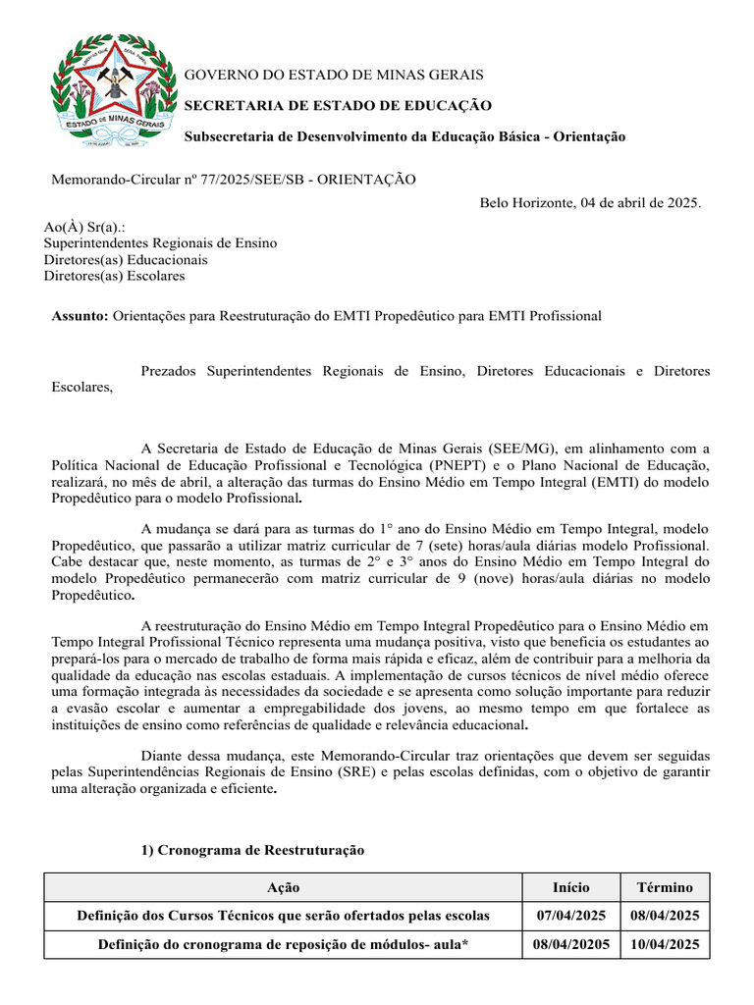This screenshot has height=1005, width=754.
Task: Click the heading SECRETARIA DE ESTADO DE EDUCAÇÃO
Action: pos(339,106)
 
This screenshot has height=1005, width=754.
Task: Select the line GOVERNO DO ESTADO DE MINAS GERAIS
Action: pos(335,76)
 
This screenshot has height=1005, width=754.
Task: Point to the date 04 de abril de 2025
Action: pos(639,202)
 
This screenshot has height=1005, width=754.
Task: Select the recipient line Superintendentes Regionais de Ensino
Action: pos(160,243)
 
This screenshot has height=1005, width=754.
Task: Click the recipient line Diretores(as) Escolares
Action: pos(114,276)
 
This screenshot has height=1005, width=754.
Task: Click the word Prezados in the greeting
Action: pos(171,371)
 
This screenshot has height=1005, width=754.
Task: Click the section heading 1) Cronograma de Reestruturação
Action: pos(252,850)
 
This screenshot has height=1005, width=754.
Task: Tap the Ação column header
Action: pos(284,887)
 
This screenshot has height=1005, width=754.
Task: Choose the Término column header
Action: pos(665,887)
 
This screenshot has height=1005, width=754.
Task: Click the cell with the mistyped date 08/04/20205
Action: pos(571,944)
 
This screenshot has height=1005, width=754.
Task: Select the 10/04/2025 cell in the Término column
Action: pos(665,944)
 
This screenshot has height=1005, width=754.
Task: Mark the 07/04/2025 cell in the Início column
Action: pos(571,916)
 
